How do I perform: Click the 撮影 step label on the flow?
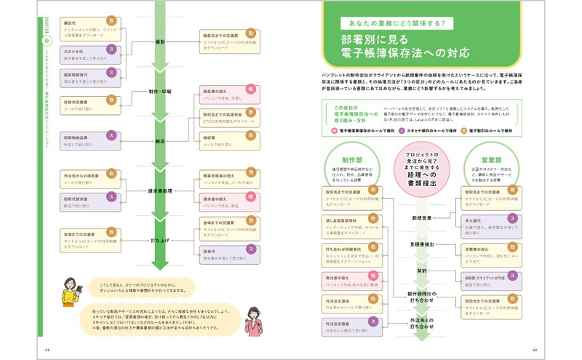pos(160,43)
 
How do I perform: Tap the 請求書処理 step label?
pos(159,190)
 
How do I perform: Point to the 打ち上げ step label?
pos(160,239)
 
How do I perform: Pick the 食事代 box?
pos(229,251)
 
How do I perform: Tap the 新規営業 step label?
pos(421,217)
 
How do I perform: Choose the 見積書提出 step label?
pos(421,245)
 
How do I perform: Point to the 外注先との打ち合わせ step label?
pos(421,323)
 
